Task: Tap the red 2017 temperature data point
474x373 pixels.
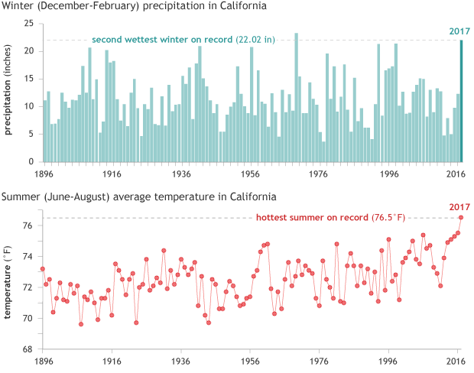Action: [x=461, y=217]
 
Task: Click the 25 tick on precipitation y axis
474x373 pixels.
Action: [x=31, y=23]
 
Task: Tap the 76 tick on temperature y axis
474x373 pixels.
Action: [x=31, y=225]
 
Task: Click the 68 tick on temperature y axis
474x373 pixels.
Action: [x=31, y=349]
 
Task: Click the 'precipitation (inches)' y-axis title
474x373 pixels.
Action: [x=9, y=92]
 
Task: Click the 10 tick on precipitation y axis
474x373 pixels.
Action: [x=31, y=106]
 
